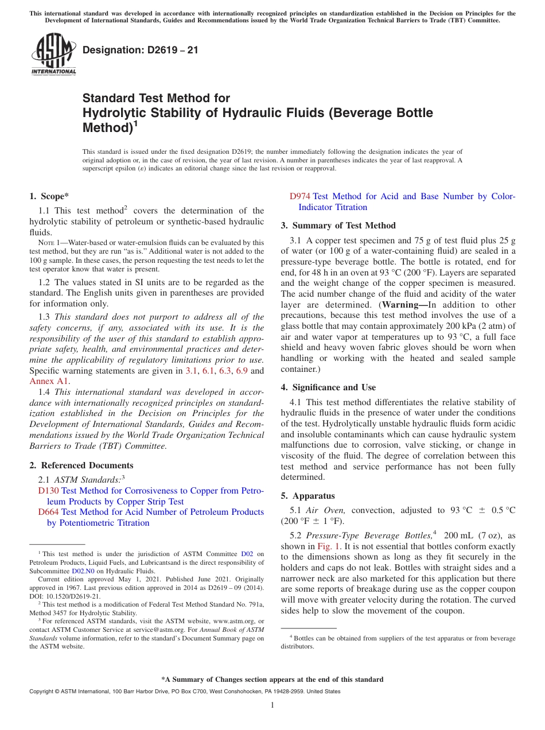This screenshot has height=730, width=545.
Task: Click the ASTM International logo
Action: (x=53, y=55)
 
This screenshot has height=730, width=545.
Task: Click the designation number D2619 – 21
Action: (x=141, y=50)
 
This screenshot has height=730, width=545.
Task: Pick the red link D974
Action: (x=299, y=196)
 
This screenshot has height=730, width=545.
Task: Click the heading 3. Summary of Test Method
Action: (x=338, y=226)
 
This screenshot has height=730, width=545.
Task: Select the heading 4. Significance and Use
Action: (x=328, y=387)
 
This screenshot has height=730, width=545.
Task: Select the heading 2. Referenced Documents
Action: (x=81, y=465)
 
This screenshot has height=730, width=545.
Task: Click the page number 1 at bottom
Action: (x=272, y=705)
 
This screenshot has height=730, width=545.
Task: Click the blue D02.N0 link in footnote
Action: (x=81, y=572)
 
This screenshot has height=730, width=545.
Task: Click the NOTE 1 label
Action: (x=48, y=243)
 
